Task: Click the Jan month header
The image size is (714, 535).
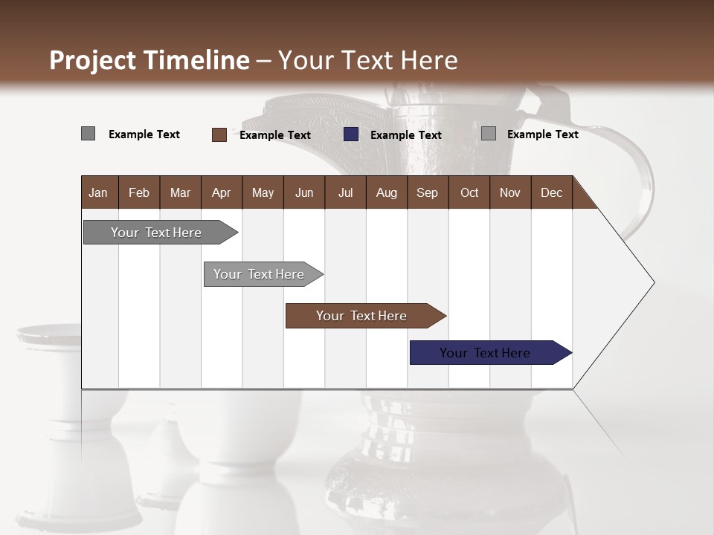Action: point(98,192)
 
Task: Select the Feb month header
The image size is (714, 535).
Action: point(139,192)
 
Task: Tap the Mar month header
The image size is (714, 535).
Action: point(180,192)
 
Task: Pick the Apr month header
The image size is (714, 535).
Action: point(221,192)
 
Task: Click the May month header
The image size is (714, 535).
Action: point(263,192)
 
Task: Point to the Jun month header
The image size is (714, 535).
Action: point(304,192)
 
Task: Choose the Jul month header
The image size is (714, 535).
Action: point(345,192)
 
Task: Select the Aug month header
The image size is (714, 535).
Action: point(386,192)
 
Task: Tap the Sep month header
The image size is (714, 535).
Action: point(427,192)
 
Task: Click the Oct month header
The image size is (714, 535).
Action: point(469,192)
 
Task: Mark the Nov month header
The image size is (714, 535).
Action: point(510,192)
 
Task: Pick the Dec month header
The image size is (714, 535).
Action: point(551,192)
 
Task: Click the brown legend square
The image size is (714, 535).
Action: point(219,134)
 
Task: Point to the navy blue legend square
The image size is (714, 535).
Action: point(351,134)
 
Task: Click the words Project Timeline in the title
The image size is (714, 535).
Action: point(149,60)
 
